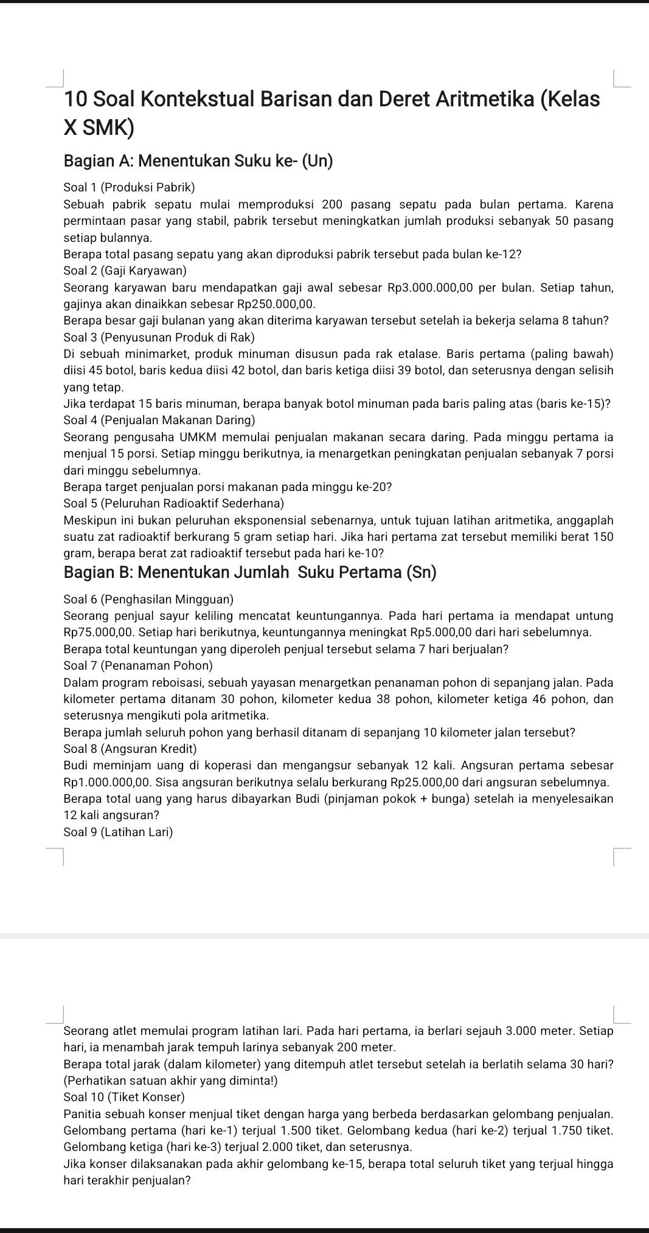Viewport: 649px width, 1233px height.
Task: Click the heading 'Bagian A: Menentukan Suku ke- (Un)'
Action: pyautogui.click(x=198, y=161)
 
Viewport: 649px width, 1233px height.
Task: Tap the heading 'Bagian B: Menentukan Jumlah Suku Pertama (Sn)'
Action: pyautogui.click(x=250, y=572)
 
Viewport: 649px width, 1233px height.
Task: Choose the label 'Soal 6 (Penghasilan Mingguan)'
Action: pyautogui.click(x=148, y=600)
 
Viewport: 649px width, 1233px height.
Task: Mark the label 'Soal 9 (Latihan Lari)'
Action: pyautogui.click(x=118, y=832)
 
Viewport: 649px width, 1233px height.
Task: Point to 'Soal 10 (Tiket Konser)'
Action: pyautogui.click(x=123, y=1097)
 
